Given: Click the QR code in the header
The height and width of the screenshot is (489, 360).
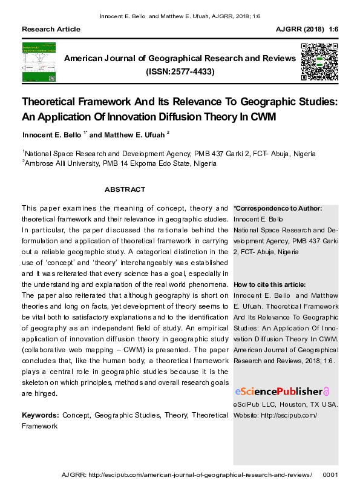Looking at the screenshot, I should pos(319,62).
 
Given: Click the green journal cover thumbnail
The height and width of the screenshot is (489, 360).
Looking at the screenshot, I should pos(38,62).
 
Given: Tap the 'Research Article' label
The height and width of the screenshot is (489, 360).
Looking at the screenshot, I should pos(51,29).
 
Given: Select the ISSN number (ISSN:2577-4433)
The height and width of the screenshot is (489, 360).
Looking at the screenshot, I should pos(180,72).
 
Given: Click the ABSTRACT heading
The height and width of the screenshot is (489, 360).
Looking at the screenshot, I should pos(125,189).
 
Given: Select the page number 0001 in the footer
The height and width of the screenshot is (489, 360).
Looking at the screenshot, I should pos(332,475).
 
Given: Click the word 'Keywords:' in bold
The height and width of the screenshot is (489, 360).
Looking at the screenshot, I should pos(41,415).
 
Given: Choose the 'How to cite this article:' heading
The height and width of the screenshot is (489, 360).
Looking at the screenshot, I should pos(269,284).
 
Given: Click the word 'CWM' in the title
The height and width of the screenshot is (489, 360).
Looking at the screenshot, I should pos(263,117).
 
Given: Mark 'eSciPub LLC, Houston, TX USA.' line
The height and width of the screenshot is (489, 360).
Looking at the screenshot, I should pos(286,404).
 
